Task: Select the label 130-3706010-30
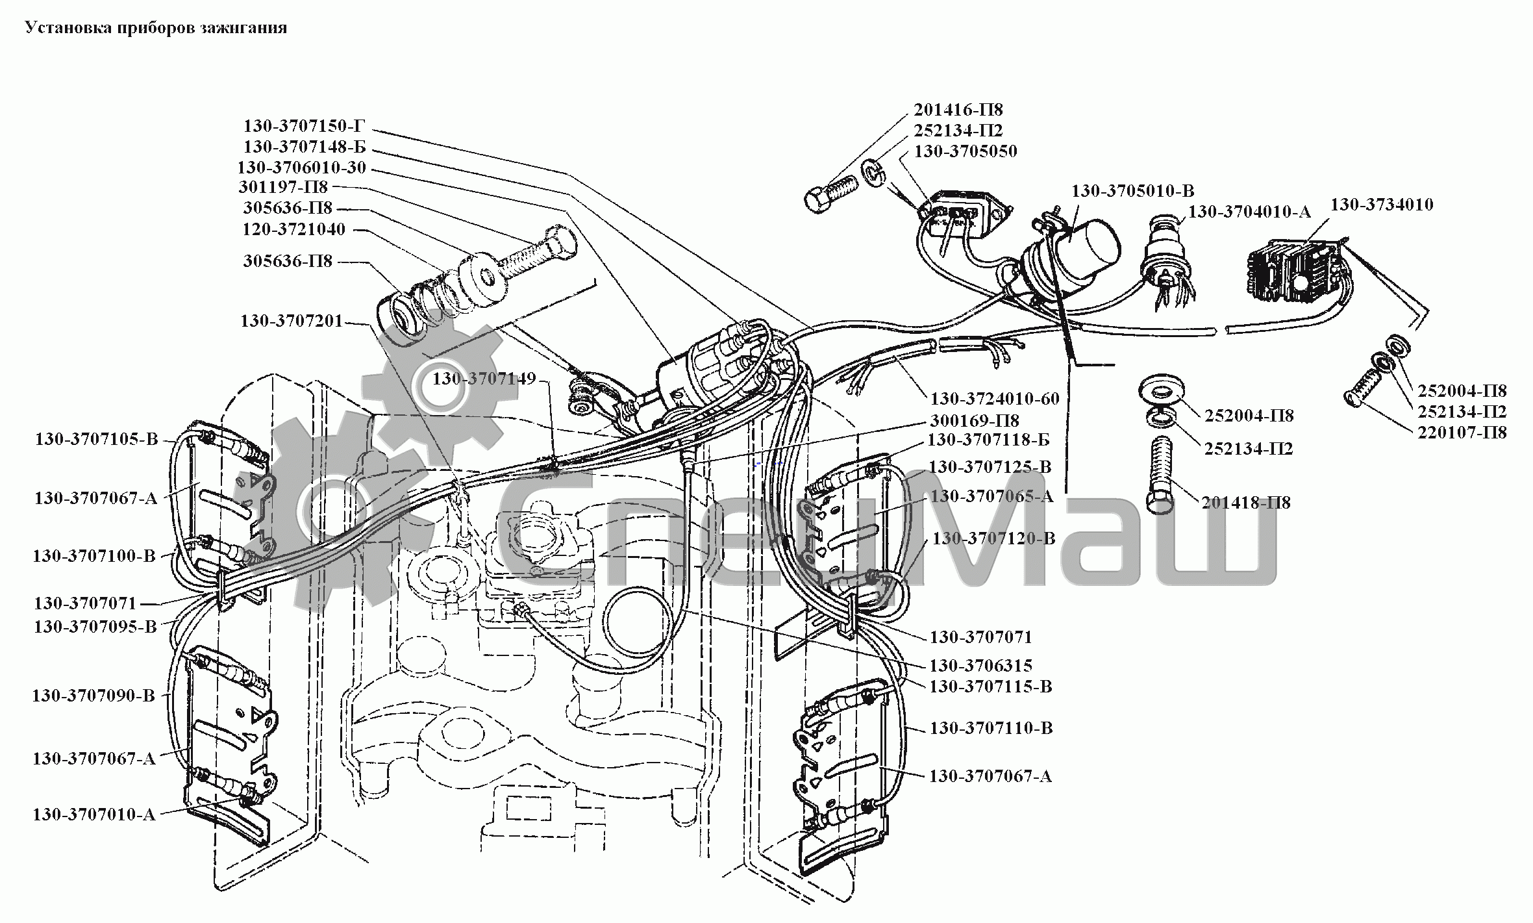302,168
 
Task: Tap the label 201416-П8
958,109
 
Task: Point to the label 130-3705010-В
1132,190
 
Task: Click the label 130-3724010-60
995,398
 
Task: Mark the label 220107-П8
1462,432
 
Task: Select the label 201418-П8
1246,502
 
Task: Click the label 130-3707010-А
94,814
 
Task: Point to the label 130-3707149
484,378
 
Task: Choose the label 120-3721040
294,229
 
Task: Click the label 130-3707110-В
991,728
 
